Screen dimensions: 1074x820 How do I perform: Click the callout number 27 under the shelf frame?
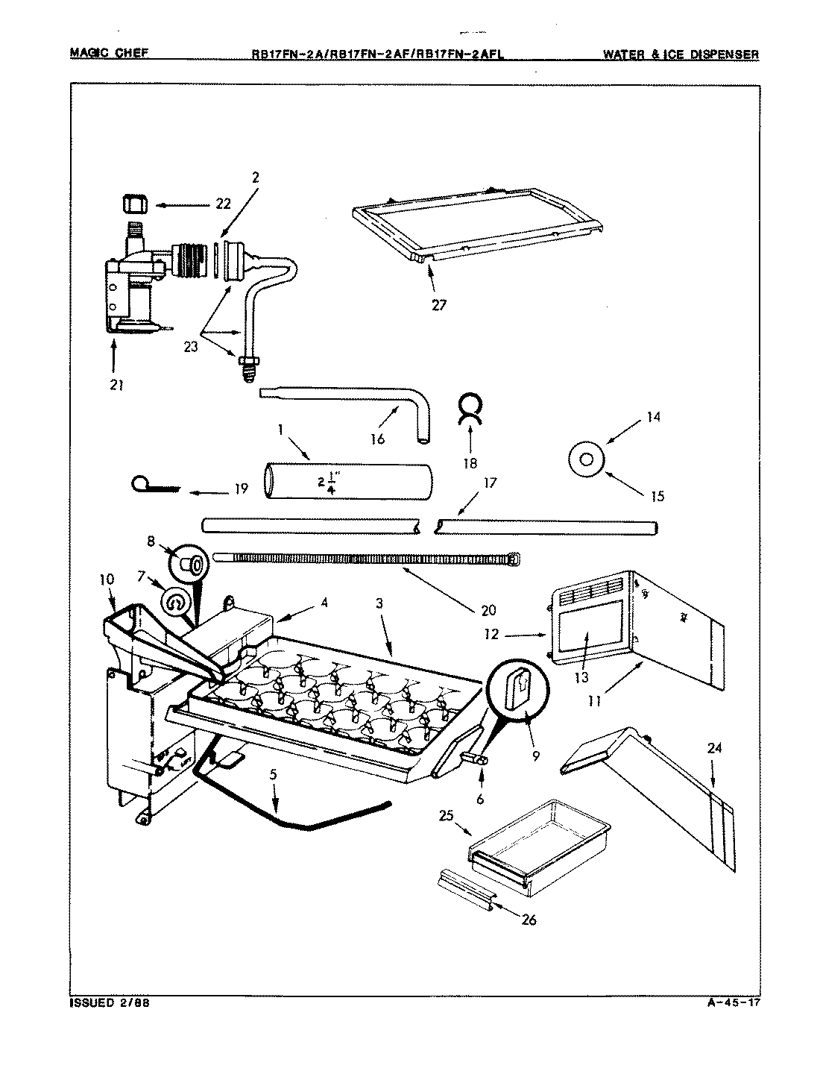(439, 304)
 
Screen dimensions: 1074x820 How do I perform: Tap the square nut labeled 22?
(133, 203)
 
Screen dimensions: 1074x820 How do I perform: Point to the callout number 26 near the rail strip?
(529, 919)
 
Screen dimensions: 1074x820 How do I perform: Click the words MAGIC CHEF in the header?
(108, 53)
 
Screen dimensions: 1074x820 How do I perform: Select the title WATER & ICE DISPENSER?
(681, 54)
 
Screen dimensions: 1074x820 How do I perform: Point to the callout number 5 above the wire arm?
(274, 775)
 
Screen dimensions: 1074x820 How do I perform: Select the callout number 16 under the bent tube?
(378, 439)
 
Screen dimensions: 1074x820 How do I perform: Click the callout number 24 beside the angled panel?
(713, 750)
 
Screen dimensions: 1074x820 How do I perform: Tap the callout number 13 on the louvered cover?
(581, 676)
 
